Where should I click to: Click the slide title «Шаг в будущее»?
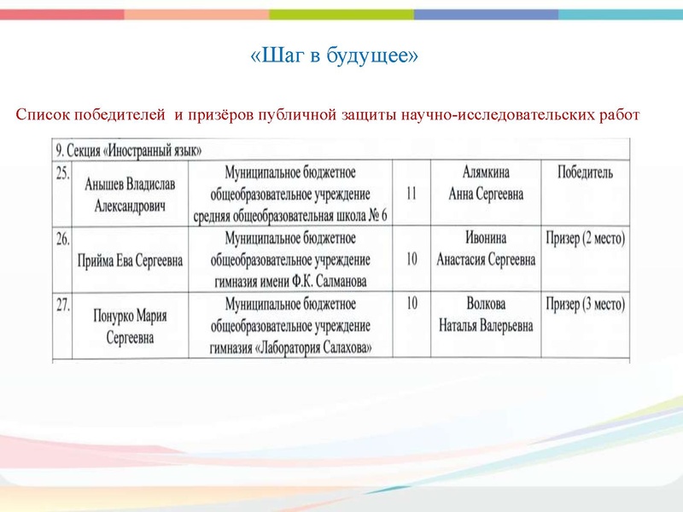[x=335, y=56]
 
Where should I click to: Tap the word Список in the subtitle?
[x=42, y=115]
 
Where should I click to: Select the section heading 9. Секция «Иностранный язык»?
[x=128, y=150]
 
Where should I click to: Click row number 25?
[x=62, y=173]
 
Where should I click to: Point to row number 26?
[x=62, y=240]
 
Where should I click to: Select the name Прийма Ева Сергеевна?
[x=130, y=260]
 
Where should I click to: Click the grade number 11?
[x=412, y=194]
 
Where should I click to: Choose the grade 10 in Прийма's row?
[x=412, y=259]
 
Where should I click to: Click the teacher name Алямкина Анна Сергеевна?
[x=485, y=183]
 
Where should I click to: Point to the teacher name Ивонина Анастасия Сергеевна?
[x=485, y=249]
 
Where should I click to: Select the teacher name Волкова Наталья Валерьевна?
[x=485, y=315]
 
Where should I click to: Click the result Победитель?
[x=585, y=173]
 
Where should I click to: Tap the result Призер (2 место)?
[x=585, y=239]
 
